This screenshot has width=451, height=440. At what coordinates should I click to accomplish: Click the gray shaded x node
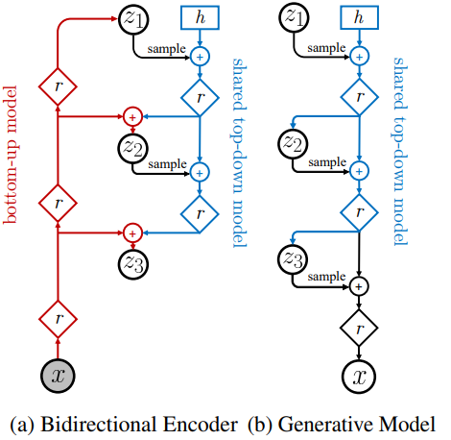click(58, 376)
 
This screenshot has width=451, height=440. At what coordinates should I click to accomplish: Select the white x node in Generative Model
click(359, 377)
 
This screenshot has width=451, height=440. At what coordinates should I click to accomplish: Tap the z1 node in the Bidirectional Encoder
click(133, 19)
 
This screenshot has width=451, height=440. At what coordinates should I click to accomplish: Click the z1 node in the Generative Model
click(294, 17)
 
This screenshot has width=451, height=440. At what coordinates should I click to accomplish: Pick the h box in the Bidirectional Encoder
click(200, 17)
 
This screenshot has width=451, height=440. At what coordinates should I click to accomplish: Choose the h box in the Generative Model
click(359, 17)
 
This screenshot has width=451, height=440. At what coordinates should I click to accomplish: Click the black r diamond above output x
click(359, 328)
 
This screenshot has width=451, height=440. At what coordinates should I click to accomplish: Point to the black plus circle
click(359, 286)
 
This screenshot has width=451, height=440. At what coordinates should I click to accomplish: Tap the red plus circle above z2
click(132, 117)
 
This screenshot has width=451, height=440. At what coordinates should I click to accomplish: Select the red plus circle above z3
click(132, 233)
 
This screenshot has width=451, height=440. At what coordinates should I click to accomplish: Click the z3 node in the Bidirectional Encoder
click(132, 263)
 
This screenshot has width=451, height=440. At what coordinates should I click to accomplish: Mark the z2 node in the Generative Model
click(293, 144)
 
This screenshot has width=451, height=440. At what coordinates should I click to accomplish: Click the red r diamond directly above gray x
click(58, 319)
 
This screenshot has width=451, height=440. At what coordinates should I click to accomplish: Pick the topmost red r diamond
click(58, 86)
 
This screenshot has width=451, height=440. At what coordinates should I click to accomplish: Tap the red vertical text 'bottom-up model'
click(10, 155)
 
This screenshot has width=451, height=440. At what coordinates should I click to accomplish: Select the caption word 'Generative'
click(326, 425)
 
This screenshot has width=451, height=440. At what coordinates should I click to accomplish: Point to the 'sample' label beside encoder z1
click(166, 49)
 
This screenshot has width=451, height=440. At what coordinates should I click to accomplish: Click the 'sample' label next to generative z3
click(326, 277)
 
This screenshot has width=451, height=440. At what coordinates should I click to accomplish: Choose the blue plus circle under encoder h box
click(200, 57)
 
